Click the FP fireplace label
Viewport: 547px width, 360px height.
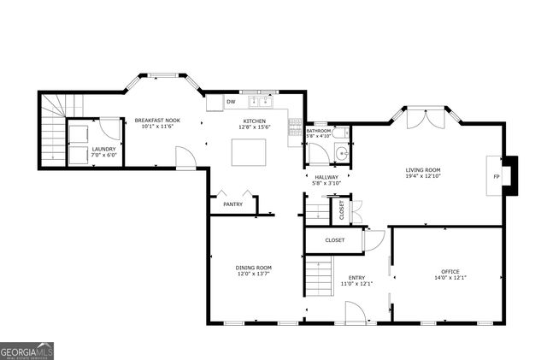[496, 177]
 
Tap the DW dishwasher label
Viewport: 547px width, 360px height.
[231, 103]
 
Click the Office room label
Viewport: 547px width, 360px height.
[444, 272]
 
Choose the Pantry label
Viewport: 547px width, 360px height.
[232, 204]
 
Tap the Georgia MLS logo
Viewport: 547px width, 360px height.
[27, 350]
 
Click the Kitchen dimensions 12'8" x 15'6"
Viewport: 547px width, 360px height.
[255, 127]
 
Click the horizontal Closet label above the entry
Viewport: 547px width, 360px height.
[334, 240]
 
